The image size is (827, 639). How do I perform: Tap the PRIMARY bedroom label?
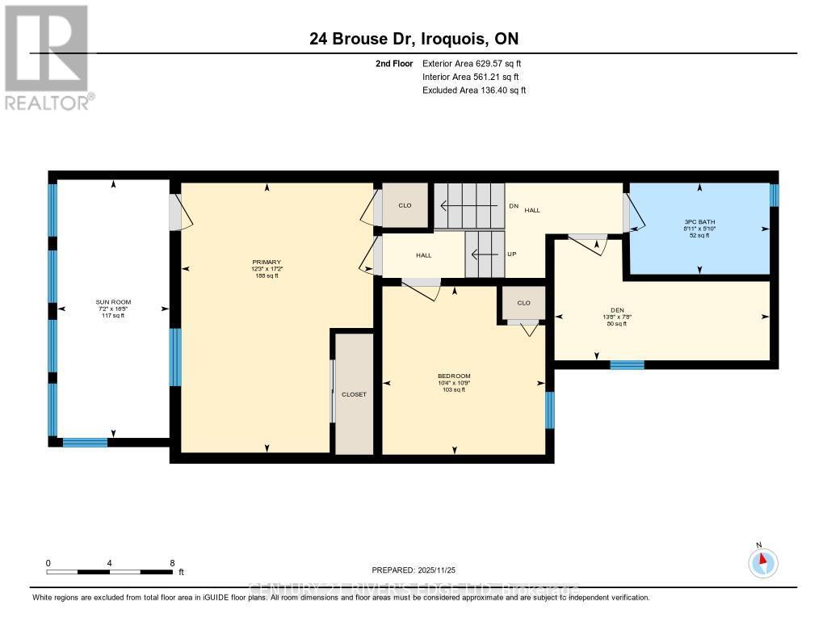coord(266,262)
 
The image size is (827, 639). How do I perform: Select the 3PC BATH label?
coord(699,221)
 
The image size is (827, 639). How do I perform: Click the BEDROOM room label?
coord(454,376)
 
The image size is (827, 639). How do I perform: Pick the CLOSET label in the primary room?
coord(354,394)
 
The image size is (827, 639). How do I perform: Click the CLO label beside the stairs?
coord(405,205)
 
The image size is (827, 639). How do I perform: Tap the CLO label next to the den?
coord(523,303)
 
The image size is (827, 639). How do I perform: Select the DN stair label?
coord(513,206)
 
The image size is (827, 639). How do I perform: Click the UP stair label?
coord(512,254)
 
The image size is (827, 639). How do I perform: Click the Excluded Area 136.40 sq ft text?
coord(474,90)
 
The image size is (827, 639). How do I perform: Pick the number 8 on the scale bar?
coord(172,563)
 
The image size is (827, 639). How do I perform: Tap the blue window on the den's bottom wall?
coord(627,365)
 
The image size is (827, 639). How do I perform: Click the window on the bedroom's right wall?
coord(550,410)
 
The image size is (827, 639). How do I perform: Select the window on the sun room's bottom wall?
coord(85,442)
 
